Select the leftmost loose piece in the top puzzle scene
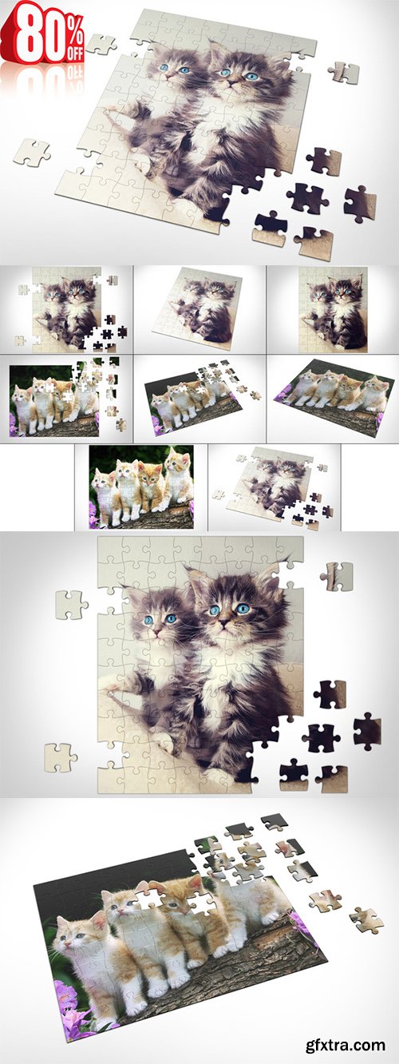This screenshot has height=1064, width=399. (x=30, y=151)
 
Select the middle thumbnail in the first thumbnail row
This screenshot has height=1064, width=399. (x=199, y=309)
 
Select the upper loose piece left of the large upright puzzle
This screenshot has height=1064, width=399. (x=71, y=604)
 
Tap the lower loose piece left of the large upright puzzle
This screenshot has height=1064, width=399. (x=58, y=757)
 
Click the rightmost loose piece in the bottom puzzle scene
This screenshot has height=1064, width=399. (x=366, y=919)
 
